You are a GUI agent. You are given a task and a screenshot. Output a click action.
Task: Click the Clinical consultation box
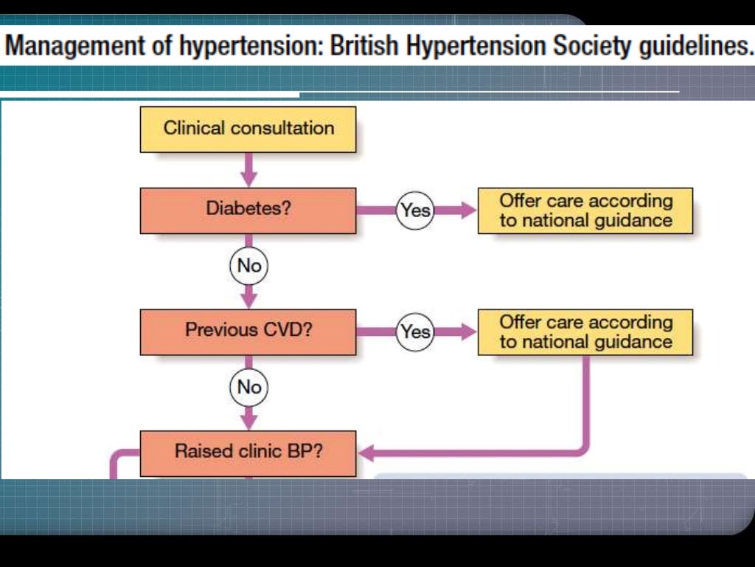coord(248,128)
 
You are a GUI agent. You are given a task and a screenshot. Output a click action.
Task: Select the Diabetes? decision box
coord(248,210)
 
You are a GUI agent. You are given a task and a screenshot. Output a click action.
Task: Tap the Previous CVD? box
coord(248,331)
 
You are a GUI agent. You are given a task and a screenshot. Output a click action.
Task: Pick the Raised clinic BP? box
coord(248,452)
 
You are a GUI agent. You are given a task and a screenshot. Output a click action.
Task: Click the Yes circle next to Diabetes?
coord(415,210)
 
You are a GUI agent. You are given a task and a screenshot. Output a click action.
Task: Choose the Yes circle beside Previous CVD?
coord(415,331)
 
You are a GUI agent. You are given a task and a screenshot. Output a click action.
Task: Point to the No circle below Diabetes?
coord(249,266)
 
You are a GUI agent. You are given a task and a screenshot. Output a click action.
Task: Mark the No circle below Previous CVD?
coord(249,387)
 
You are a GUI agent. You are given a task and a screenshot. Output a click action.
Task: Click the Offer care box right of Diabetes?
coord(585,210)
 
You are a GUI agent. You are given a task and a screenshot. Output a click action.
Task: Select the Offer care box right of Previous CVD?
coord(585,331)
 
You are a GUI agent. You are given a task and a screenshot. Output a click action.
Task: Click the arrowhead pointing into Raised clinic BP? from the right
coord(366,451)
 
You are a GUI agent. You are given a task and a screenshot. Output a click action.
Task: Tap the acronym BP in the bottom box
coord(307,450)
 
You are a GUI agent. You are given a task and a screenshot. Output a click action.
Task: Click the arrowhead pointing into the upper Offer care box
coord(469,210)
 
